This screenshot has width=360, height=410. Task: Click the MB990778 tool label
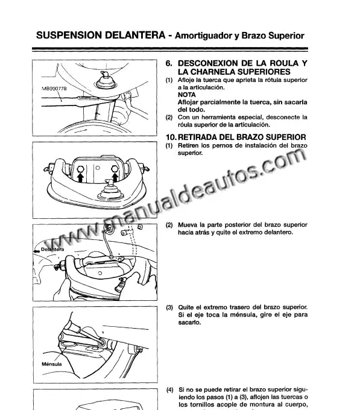click(54, 89)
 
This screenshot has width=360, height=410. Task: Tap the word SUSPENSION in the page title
click(69, 36)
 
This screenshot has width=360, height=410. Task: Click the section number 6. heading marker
click(169, 63)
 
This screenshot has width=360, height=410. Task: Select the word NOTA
click(187, 95)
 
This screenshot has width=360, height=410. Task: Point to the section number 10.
click(171, 137)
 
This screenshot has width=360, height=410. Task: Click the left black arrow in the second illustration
click(81, 177)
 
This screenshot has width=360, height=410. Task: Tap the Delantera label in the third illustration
click(52, 250)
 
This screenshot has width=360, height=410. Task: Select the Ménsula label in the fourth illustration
click(52, 364)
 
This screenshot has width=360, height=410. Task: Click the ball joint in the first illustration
click(106, 80)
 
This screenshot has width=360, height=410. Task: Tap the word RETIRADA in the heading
click(197, 137)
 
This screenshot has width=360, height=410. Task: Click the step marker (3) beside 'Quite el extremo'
click(169, 307)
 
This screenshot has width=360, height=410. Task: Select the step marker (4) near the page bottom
click(169, 390)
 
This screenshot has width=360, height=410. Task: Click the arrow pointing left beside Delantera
click(36, 251)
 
